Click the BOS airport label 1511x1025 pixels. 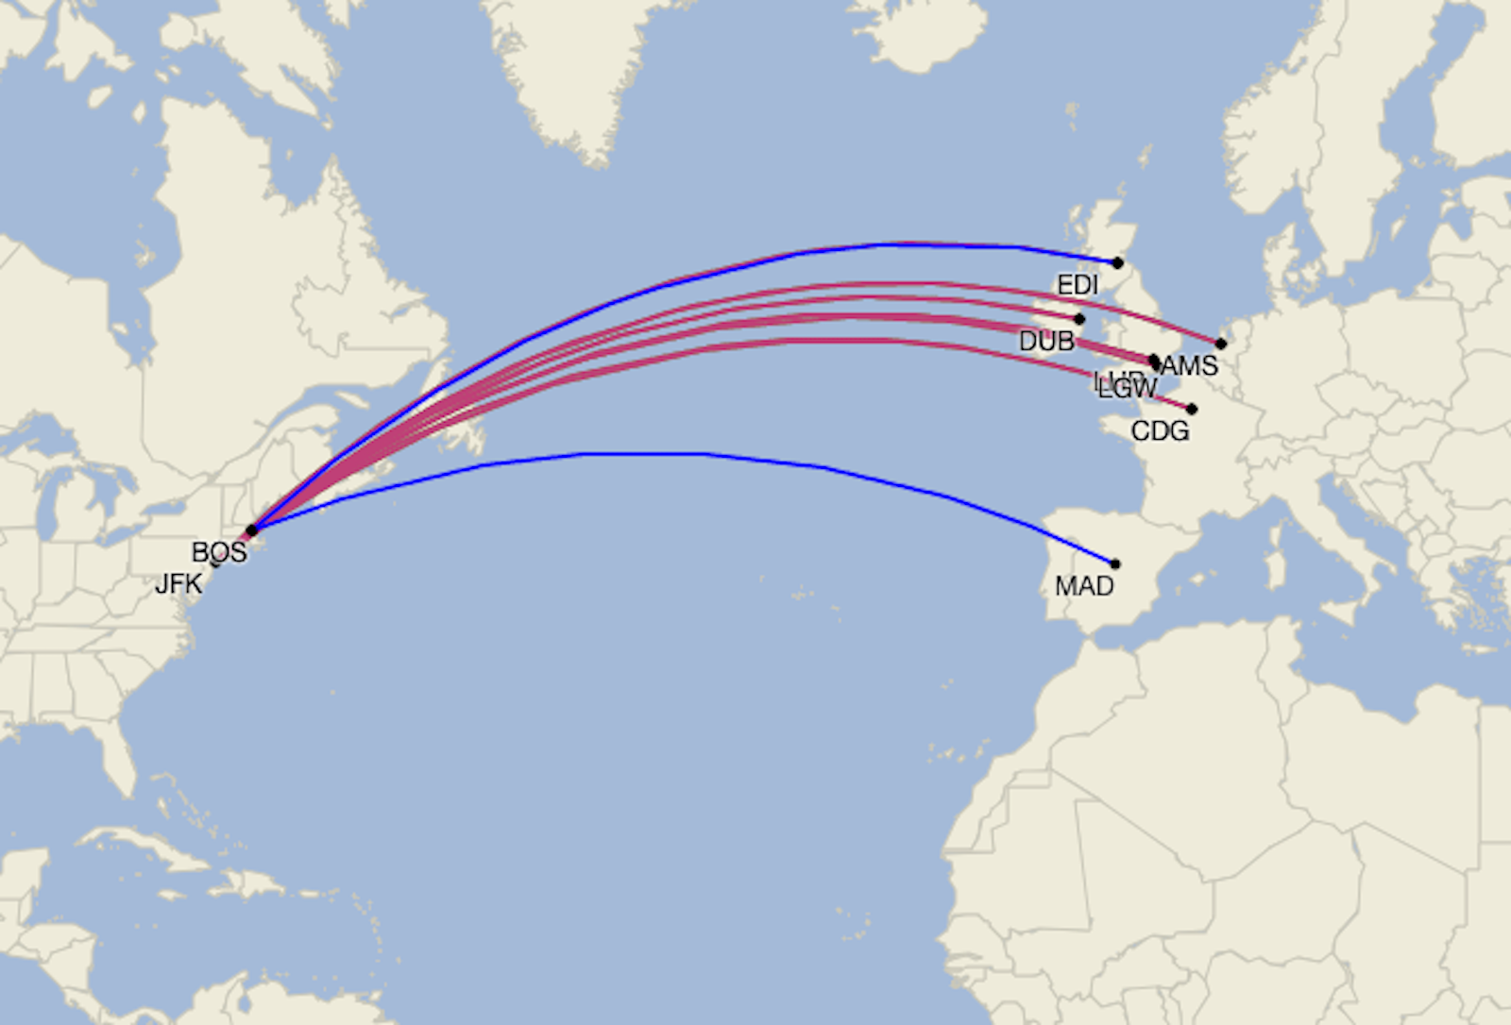(219, 552)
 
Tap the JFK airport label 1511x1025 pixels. (178, 584)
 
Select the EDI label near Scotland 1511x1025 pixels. (1078, 285)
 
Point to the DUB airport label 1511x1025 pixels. (1046, 341)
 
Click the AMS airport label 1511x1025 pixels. (1190, 365)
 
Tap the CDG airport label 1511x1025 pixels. (1160, 431)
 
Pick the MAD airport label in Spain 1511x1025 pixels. (1084, 586)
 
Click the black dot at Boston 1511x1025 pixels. (251, 530)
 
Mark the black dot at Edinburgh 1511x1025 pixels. (1118, 262)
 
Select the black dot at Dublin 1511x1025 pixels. (1079, 319)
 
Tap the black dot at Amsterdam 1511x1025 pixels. (1221, 344)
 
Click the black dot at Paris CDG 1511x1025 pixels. (1192, 410)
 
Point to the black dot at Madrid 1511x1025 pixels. (1115, 564)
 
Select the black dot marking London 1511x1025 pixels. (1154, 361)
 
